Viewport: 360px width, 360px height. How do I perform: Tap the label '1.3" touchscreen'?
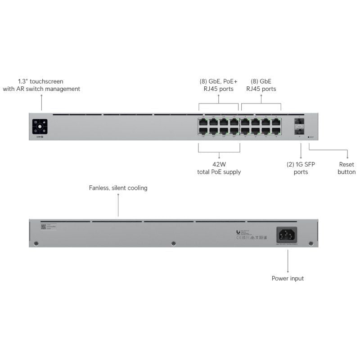tap(40, 81)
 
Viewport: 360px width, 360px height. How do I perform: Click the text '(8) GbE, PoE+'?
tap(218, 81)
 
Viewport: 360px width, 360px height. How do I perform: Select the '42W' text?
tap(219, 164)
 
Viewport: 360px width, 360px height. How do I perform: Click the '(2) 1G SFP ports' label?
tap(301, 168)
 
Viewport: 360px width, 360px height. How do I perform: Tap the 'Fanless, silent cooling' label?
tap(118, 188)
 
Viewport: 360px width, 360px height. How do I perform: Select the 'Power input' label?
tap(288, 279)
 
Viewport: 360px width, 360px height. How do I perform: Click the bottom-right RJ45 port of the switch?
tap(276, 131)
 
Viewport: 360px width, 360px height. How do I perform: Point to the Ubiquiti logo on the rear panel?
tap(238, 232)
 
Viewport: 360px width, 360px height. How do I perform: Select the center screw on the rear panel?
tap(174, 243)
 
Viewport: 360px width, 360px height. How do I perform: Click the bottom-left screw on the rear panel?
tap(36, 243)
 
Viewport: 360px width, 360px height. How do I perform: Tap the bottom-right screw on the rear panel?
tap(310, 243)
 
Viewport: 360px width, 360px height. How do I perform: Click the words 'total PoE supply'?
tap(219, 172)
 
